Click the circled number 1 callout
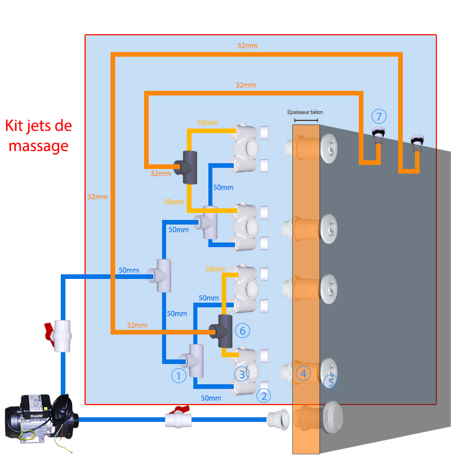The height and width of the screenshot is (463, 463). tap(178, 377)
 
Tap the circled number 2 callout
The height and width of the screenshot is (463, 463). tap(263, 396)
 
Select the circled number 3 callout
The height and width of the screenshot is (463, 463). tap(242, 374)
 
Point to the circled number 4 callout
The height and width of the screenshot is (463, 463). tap(302, 373)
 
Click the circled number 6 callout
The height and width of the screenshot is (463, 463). tap(242, 330)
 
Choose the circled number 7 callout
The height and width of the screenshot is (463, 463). tap(378, 115)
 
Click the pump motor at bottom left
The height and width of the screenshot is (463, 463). tap(38, 417)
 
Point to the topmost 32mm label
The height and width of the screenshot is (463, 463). tap(247, 46)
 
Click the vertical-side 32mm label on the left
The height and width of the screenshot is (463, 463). tap(97, 197)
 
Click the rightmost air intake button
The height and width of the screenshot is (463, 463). tap(416, 141)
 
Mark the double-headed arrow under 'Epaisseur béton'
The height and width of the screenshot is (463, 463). tap(306, 120)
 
